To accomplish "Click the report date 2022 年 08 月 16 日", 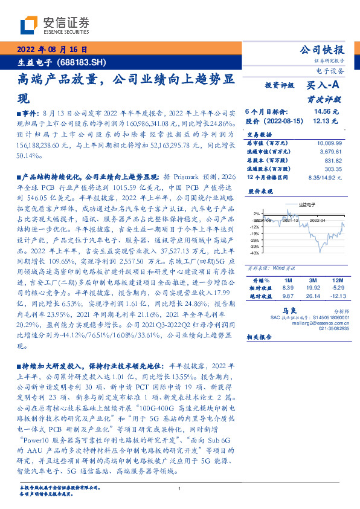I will coord(54,50).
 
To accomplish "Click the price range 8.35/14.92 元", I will coord(324,178).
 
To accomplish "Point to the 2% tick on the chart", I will coord(257,214).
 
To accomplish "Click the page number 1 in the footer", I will coord(180,489).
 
